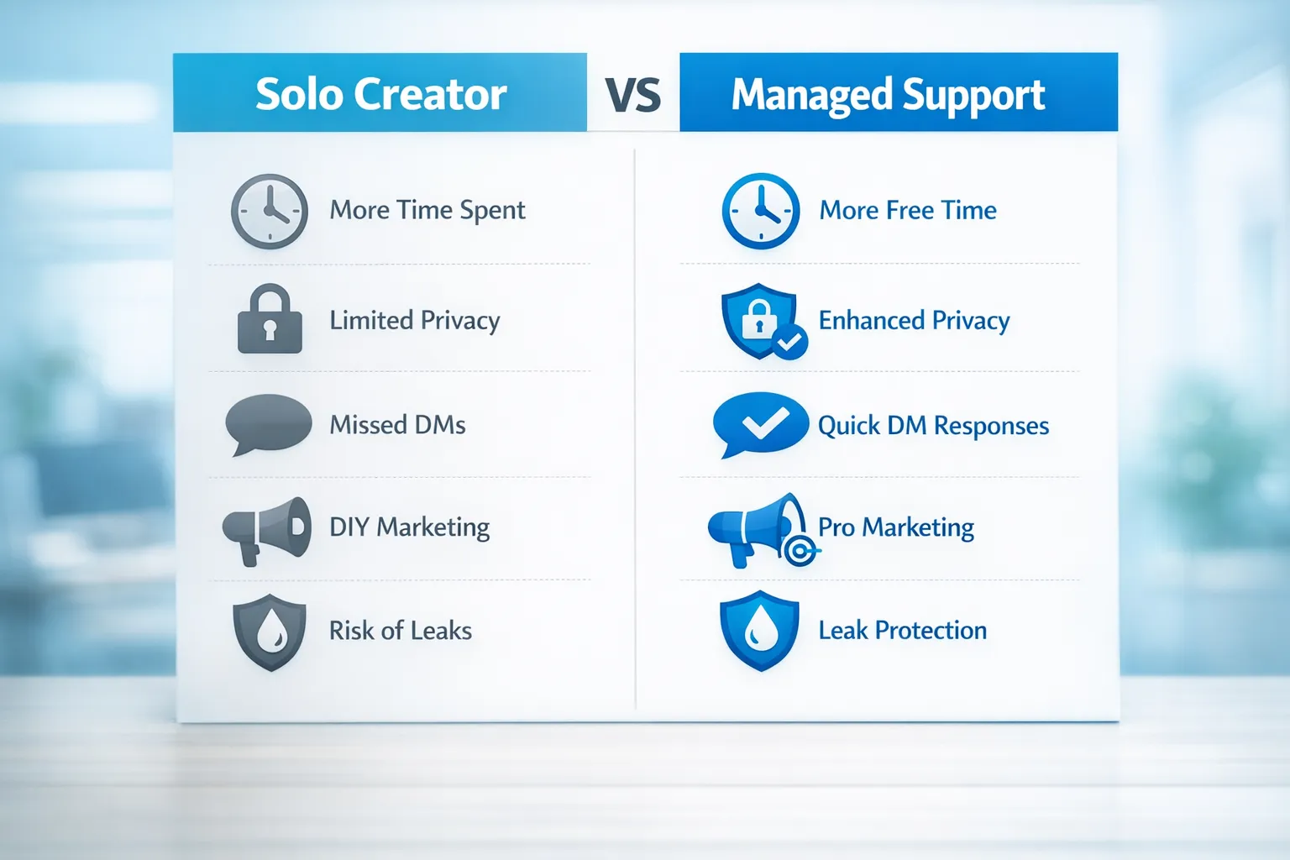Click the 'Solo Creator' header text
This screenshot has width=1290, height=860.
tap(380, 94)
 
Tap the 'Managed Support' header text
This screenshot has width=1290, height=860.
tap(888, 95)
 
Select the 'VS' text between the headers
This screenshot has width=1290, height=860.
tap(633, 95)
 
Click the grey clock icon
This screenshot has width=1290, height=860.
tap(270, 211)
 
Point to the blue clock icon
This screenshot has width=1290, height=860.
tap(761, 211)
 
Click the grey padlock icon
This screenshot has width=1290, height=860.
tap(270, 318)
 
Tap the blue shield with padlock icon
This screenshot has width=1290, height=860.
tap(763, 321)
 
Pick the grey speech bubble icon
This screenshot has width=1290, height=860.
tap(268, 424)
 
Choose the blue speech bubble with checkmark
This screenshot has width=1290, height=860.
tap(760, 424)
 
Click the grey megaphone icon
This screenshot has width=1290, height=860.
tap(266, 530)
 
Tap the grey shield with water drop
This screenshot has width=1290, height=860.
tap(270, 632)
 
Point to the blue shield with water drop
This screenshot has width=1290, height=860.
tap(760, 631)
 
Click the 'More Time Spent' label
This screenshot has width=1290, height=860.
tap(427, 210)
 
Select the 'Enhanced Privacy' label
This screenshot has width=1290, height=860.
tap(914, 321)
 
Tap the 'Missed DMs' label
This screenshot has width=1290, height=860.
tap(397, 425)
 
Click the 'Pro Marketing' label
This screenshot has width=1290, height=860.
tap(896, 527)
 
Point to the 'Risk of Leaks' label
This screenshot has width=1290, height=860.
tap(401, 631)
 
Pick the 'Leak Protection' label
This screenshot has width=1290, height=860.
tap(903, 630)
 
